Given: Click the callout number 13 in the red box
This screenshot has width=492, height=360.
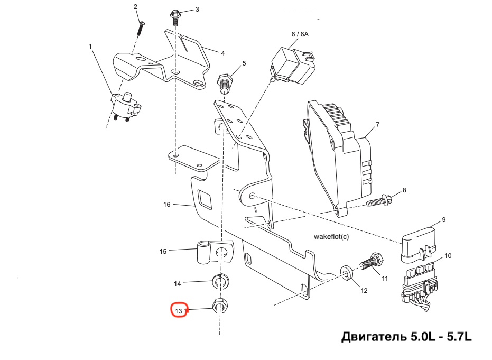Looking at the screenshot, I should pyautogui.click(x=179, y=311).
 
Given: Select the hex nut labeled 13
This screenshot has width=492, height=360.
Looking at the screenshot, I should pyautogui.click(x=220, y=305).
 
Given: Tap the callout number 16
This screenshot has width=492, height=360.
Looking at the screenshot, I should pyautogui.click(x=167, y=204).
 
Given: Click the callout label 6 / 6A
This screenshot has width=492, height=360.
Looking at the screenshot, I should pyautogui.click(x=299, y=34).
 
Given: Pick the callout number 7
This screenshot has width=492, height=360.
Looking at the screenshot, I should pyautogui.click(x=377, y=125).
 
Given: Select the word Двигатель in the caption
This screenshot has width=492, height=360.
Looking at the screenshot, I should pyautogui.click(x=375, y=337).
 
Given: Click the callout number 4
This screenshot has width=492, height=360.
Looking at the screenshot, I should pyautogui.click(x=222, y=53).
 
